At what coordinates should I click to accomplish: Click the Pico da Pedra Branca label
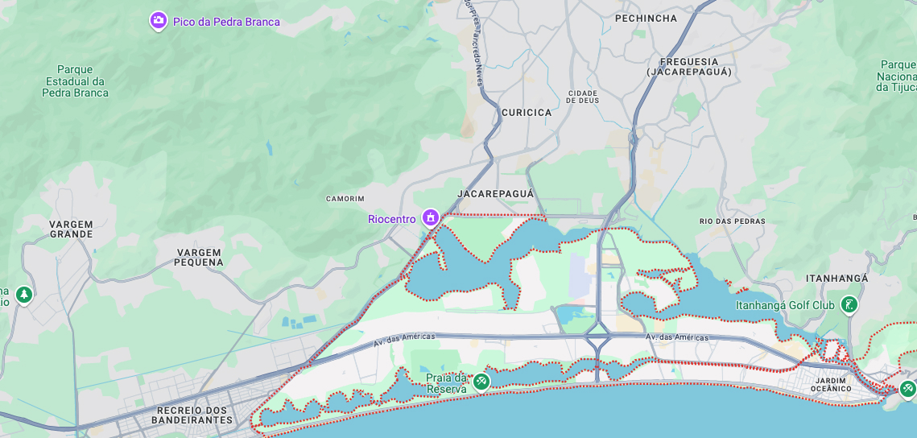pyautogui.click(x=226, y=22)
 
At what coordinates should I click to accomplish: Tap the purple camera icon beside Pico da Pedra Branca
pyautogui.click(x=159, y=21)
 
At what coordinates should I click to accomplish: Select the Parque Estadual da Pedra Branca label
pyautogui.click(x=75, y=81)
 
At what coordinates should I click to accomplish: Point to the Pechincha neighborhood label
pyautogui.click(x=646, y=18)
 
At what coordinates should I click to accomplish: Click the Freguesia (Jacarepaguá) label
pyautogui.click(x=688, y=67)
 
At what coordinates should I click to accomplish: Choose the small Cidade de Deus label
pyautogui.click(x=583, y=97)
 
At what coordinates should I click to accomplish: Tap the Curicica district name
pyautogui.click(x=527, y=113)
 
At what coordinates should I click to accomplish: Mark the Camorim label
pyautogui.click(x=345, y=199)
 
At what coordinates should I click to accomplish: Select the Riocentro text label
pyautogui.click(x=392, y=219)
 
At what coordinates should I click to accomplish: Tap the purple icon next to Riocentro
pyautogui.click(x=431, y=217)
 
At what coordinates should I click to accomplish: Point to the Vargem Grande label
pyautogui.click(x=71, y=229)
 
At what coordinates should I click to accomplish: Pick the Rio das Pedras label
pyautogui.click(x=732, y=221)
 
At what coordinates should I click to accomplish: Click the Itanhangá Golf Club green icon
pyautogui.click(x=849, y=304)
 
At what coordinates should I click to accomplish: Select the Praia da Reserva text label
pyautogui.click(x=447, y=383)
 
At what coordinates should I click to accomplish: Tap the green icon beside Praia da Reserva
pyautogui.click(x=481, y=381)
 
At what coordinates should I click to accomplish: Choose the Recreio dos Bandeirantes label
pyautogui.click(x=192, y=415)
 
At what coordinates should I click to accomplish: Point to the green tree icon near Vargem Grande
pyautogui.click(x=24, y=295)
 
